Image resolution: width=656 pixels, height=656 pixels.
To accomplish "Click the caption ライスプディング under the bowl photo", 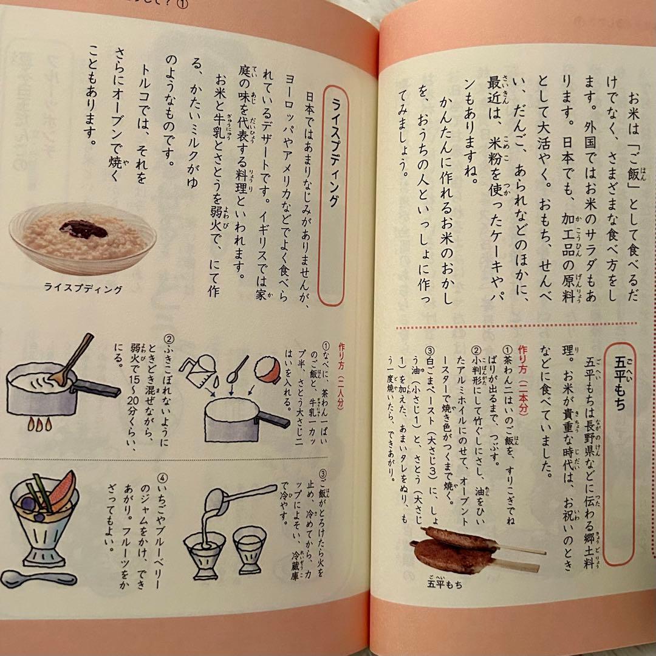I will click(x=83, y=289).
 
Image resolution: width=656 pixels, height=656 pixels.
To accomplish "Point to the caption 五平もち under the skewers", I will click(x=444, y=586).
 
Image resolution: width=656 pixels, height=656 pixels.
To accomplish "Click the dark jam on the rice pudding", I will click(x=84, y=229).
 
